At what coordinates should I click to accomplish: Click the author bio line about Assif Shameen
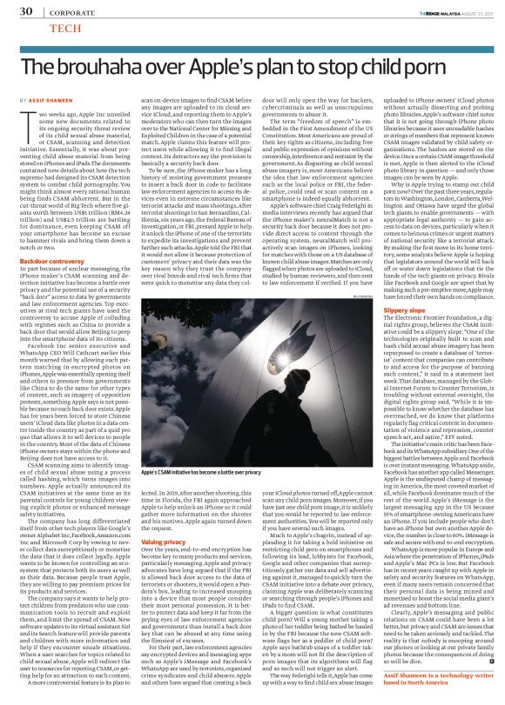[424, 677]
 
